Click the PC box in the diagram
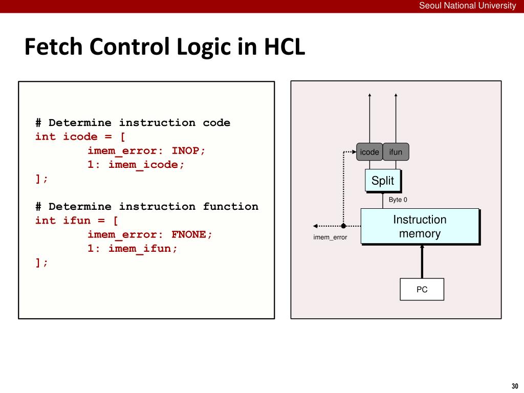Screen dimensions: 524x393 422,290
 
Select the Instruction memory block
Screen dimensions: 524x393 420,226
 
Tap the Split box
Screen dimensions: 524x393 383,181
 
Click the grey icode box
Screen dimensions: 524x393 369,152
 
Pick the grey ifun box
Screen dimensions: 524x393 396,152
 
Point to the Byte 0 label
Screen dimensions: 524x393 398,200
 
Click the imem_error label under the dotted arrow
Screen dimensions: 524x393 330,237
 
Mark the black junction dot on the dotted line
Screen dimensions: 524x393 343,226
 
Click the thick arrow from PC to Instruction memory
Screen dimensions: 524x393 422,261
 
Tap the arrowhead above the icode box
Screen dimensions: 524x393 369,95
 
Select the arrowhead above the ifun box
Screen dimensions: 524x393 396,95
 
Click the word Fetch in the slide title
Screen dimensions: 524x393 53,48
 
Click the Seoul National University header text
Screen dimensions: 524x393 468,6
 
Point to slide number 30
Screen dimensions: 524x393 515,386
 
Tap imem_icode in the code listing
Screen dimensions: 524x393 146,165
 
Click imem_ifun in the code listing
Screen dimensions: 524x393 143,249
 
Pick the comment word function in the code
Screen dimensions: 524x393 230,207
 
